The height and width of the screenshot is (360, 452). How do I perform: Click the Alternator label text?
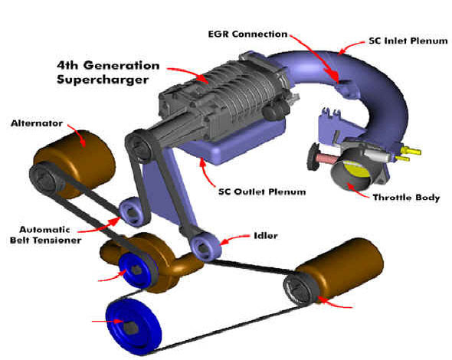(37, 123)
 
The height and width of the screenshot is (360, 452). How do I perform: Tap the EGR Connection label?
(248, 34)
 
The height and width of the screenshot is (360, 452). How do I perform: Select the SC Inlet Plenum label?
(408, 41)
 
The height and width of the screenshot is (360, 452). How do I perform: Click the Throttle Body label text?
(406, 198)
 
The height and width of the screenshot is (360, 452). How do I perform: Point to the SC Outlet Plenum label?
(262, 191)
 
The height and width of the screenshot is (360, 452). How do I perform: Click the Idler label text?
(266, 236)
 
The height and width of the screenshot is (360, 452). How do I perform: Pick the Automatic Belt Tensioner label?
(45, 235)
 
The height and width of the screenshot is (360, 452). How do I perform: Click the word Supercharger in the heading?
(103, 80)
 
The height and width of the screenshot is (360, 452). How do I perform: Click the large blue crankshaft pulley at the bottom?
(134, 326)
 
